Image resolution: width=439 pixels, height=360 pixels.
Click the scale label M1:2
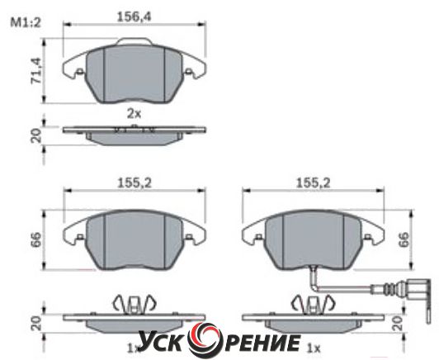tap(26, 22)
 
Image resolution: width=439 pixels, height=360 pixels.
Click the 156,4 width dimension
tap(134, 17)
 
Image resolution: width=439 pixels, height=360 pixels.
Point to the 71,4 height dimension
tap(36, 71)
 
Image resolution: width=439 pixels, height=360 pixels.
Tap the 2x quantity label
tap(135, 114)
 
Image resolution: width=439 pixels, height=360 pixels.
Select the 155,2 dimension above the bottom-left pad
tap(135, 183)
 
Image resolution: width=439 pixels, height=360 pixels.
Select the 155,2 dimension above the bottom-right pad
tap(314, 183)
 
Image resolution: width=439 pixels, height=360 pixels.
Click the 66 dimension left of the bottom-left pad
tap(36, 239)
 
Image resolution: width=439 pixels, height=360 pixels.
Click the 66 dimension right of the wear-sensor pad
tap(404, 239)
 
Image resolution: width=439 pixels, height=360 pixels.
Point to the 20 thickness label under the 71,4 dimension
tap(36, 135)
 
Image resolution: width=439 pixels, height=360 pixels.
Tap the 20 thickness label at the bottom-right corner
tap(397, 323)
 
